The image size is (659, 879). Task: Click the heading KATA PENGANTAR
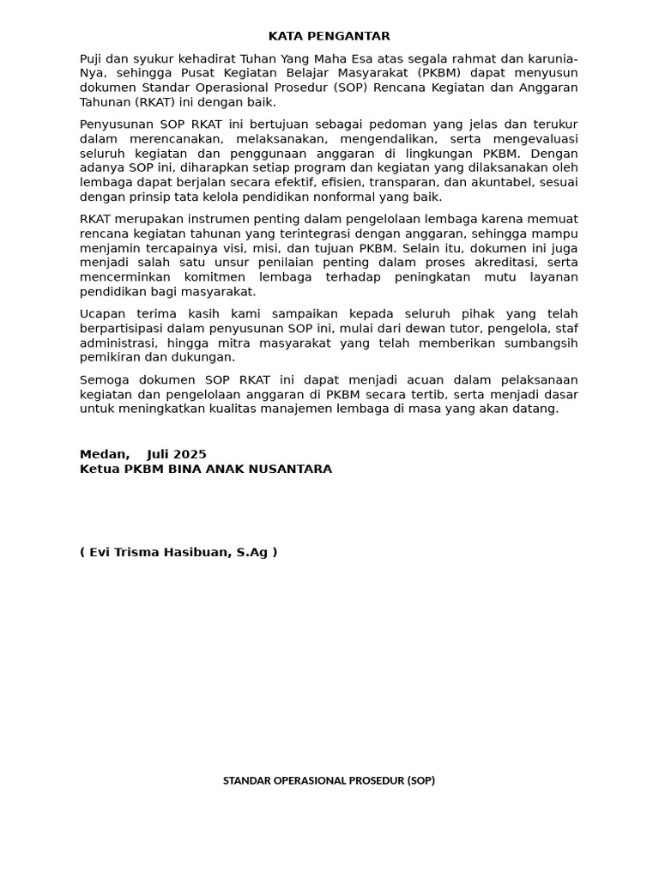click(x=329, y=36)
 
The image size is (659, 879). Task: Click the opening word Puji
click(x=93, y=58)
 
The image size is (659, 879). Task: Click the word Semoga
click(x=106, y=380)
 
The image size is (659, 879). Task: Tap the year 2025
click(x=190, y=455)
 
